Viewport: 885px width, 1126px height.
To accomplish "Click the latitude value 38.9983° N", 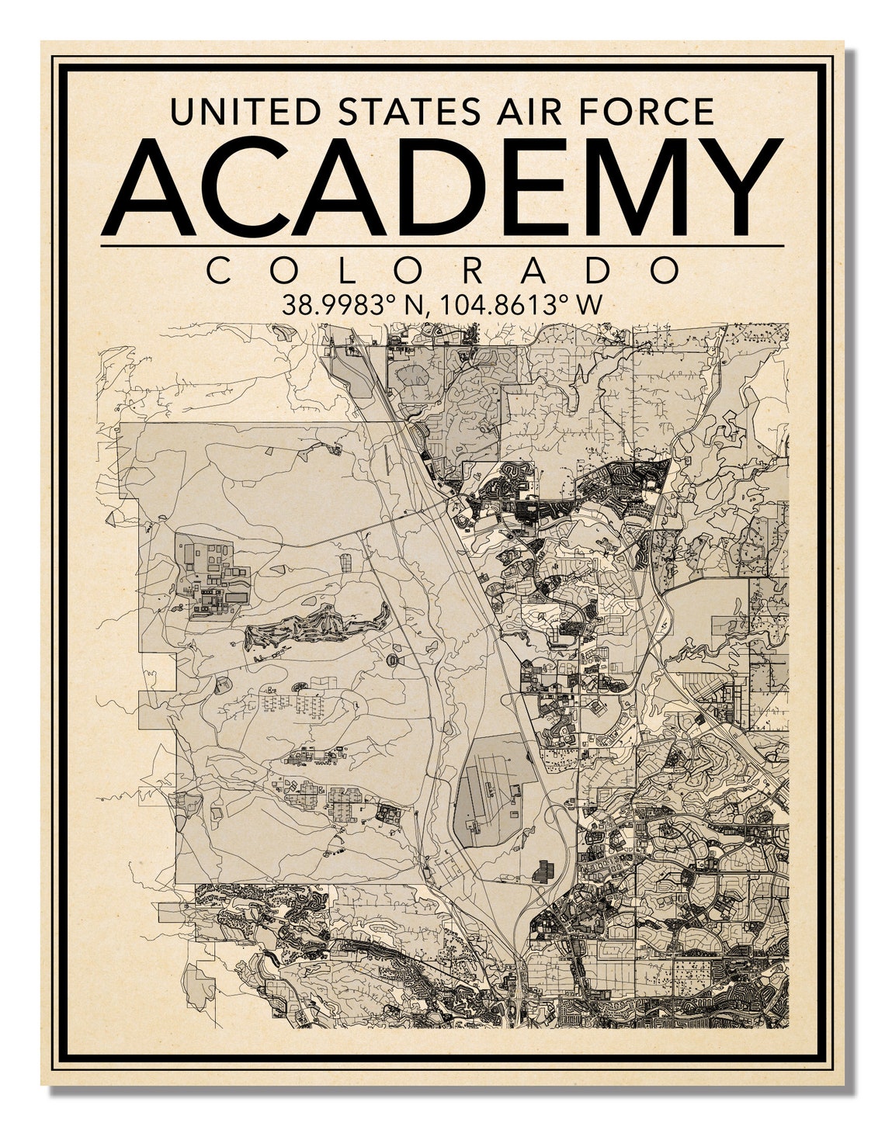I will (x=354, y=305).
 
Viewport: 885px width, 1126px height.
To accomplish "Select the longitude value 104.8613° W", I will (x=519, y=305).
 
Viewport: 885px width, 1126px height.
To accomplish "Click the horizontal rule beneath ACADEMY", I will (x=442, y=245).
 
